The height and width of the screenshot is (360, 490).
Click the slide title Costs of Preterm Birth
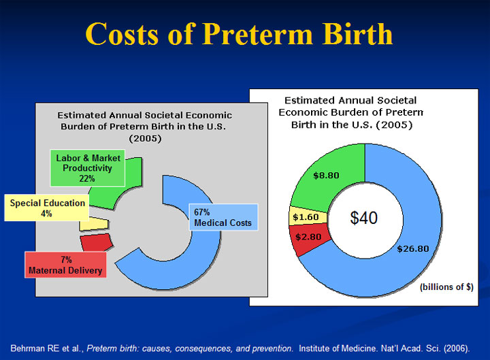pyautogui.click(x=240, y=33)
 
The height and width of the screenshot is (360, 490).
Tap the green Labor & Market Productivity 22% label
pyautogui.click(x=88, y=168)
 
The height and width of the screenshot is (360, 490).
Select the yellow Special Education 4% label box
pyautogui.click(x=47, y=208)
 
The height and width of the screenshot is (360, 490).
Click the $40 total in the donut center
pyautogui.click(x=363, y=218)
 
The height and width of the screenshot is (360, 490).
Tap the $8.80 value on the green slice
pyautogui.click(x=326, y=175)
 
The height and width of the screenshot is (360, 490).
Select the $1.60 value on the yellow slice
pyautogui.click(x=305, y=217)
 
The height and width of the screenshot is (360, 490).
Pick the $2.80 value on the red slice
pyautogui.click(x=308, y=237)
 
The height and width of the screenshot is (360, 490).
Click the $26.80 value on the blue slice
pyautogui.click(x=413, y=248)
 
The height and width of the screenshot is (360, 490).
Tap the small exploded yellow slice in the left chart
pyautogui.click(x=94, y=223)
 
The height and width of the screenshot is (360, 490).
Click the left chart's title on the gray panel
pyautogui.click(x=144, y=127)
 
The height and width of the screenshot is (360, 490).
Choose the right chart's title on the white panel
pyautogui.click(x=351, y=112)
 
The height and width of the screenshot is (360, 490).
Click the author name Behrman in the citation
pyautogui.click(x=31, y=347)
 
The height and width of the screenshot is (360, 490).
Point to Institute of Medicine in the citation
pyautogui.click(x=336, y=347)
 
